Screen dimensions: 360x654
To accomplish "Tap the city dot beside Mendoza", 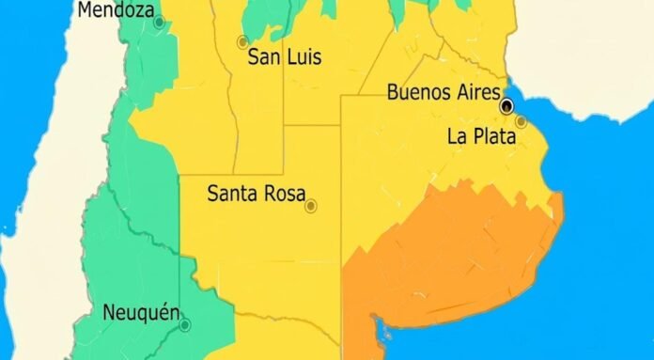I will [159, 21].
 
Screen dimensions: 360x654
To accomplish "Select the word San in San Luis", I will [264, 57].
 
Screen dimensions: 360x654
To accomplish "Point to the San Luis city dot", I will [242, 41].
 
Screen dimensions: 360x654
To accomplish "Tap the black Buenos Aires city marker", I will [507, 105].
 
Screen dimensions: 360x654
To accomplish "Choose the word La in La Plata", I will [458, 136].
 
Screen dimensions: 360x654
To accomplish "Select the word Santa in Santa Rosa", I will [231, 196].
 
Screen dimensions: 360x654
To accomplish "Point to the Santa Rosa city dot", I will [311, 205].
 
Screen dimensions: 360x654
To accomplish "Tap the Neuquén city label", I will [140, 312].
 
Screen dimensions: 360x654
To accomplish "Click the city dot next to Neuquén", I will [185, 325].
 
